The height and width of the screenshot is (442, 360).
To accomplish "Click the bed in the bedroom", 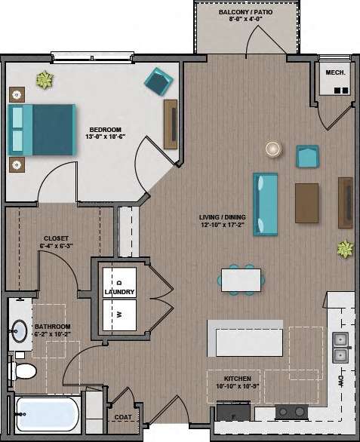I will point(42,129).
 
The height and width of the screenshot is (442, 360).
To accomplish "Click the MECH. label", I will point(334,73).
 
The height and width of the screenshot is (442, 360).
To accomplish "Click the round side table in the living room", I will point(271,149).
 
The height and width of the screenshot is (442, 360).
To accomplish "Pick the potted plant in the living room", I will point(346,248).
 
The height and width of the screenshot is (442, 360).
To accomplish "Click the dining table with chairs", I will point(242,280).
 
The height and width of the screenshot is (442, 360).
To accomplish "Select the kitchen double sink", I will point(340,347).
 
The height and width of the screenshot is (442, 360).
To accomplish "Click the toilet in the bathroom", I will point(22,370).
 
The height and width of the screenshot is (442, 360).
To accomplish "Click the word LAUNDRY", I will point(120,292).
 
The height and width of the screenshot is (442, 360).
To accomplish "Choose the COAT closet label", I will point(122,416).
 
